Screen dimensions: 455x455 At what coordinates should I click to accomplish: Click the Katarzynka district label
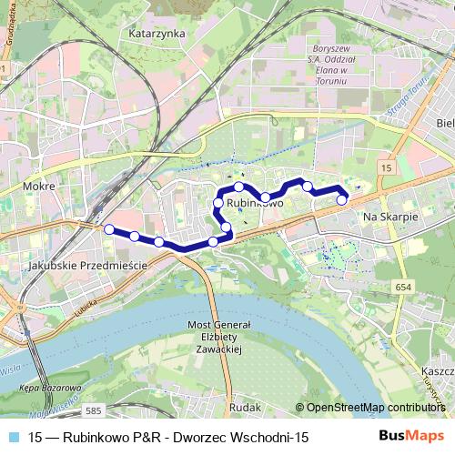(157, 33)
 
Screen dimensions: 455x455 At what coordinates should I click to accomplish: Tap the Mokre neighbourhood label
(42, 186)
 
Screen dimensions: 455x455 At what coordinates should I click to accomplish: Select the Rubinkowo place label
(256, 204)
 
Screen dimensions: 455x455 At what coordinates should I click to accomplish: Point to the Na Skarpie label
(389, 218)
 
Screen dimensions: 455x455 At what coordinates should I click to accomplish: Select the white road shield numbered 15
(386, 169)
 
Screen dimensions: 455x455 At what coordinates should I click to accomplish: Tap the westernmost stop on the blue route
(110, 229)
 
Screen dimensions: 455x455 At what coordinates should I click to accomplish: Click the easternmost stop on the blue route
(342, 200)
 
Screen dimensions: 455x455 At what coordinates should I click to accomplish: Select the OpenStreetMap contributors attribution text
(374, 407)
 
